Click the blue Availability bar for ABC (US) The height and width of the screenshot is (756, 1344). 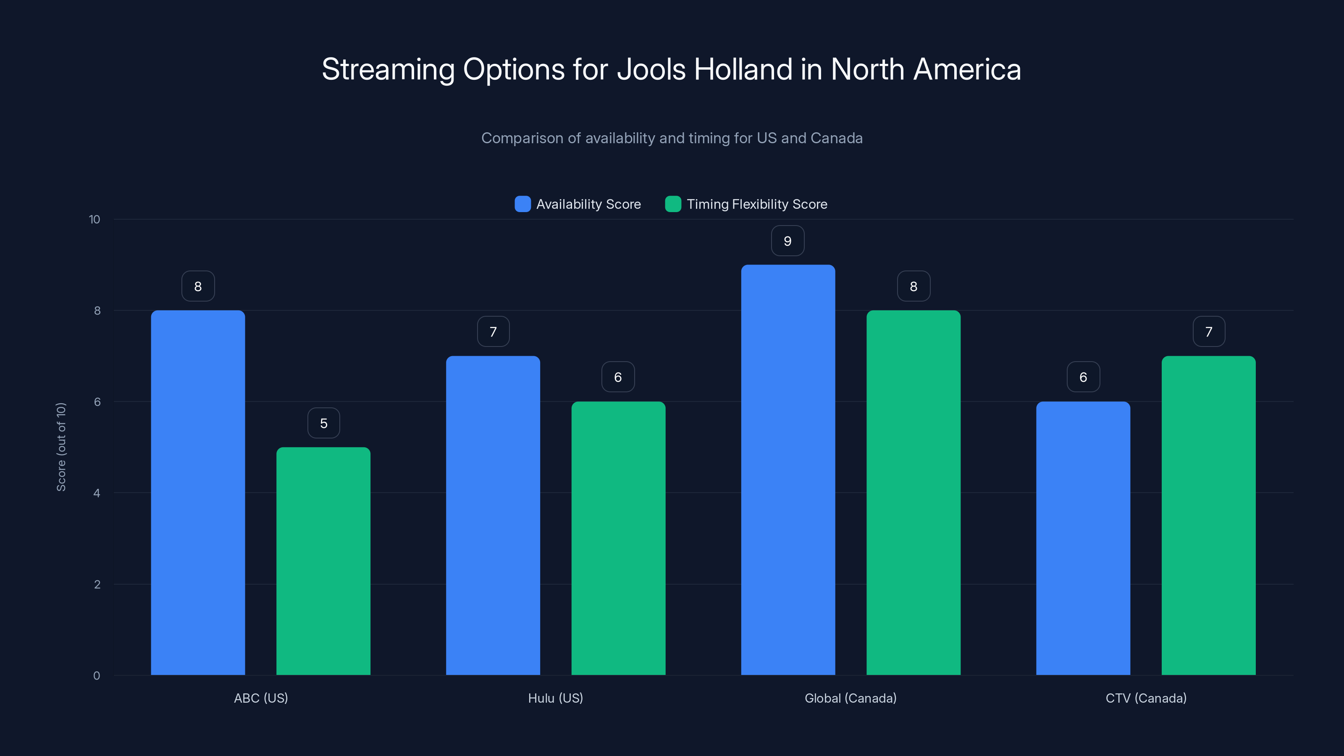tap(198, 493)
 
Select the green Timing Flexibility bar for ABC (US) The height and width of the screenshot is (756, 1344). tap(323, 561)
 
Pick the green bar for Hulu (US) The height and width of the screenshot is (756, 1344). tap(618, 538)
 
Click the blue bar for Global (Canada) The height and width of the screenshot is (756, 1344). tap(788, 470)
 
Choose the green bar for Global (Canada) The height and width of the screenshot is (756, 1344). tap(913, 493)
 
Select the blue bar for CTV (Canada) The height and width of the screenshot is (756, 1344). tap(1083, 538)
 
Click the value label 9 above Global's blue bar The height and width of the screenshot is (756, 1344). tap(787, 241)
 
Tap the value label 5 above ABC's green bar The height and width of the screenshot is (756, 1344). tap(323, 423)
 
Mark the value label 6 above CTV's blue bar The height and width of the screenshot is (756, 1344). tap(1083, 377)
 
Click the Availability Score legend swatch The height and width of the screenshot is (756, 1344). tap(522, 204)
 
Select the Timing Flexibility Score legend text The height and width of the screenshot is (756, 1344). tap(756, 204)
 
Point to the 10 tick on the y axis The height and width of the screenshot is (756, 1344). tap(94, 219)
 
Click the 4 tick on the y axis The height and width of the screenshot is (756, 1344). tap(97, 493)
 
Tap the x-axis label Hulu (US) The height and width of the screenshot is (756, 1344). tap(555, 698)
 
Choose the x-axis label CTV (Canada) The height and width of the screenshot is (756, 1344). tap(1146, 698)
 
